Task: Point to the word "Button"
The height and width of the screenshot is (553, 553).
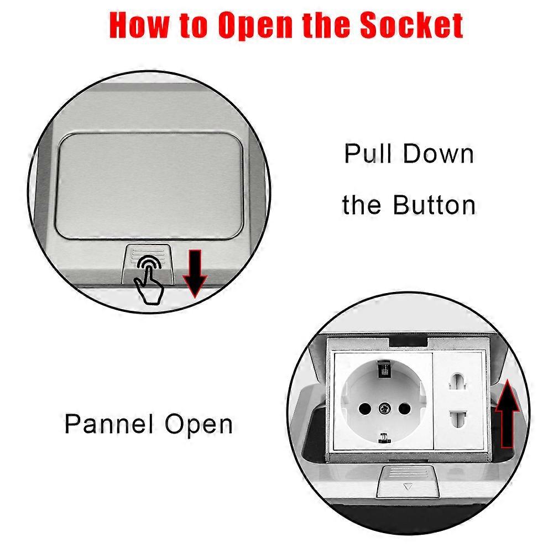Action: pos(434,205)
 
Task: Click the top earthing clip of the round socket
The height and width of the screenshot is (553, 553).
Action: pos(382,369)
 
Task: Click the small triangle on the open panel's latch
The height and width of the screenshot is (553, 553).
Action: pos(409,488)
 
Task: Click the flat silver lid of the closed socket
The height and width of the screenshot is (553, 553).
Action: pos(149,182)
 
